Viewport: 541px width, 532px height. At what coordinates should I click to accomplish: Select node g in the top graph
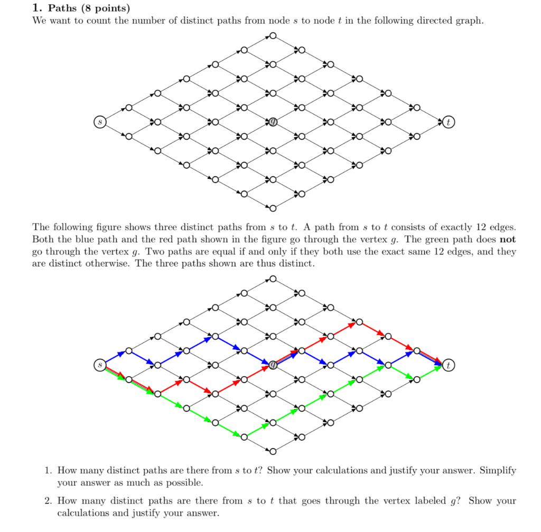pos(273,122)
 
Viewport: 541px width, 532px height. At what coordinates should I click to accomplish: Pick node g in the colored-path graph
pos(273,365)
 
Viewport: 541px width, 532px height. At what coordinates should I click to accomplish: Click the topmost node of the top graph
pos(273,35)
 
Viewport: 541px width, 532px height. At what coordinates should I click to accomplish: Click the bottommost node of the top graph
pos(273,208)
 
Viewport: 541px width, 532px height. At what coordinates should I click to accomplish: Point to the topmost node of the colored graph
pos(273,278)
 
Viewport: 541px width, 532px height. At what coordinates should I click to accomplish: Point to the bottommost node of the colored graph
pos(273,451)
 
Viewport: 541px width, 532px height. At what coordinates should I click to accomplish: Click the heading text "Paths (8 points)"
pos(88,8)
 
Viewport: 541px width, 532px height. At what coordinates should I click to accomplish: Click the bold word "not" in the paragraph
pos(507,239)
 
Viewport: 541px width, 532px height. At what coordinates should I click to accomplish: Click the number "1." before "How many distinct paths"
pos(49,470)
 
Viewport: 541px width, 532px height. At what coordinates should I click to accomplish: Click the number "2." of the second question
pos(49,501)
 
